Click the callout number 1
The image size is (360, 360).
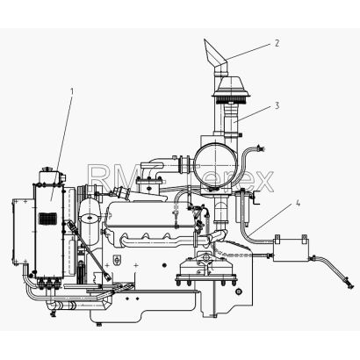point(72,92)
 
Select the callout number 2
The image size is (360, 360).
point(277,43)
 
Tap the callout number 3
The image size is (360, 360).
point(277,105)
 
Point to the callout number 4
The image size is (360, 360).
point(298,203)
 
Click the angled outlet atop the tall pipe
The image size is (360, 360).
point(215,54)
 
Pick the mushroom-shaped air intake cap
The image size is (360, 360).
point(231,88)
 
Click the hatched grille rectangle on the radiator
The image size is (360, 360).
point(47,219)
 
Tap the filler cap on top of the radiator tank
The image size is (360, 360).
point(47,169)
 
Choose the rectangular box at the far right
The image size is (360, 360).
point(291,248)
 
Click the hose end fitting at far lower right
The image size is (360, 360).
point(349,284)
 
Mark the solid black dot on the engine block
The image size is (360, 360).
point(164,265)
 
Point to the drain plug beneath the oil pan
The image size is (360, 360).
point(99,324)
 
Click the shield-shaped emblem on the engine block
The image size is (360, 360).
point(117,260)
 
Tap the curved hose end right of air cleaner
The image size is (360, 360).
point(260,148)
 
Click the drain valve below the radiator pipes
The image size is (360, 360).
point(53,313)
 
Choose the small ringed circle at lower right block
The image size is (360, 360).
point(239,292)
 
